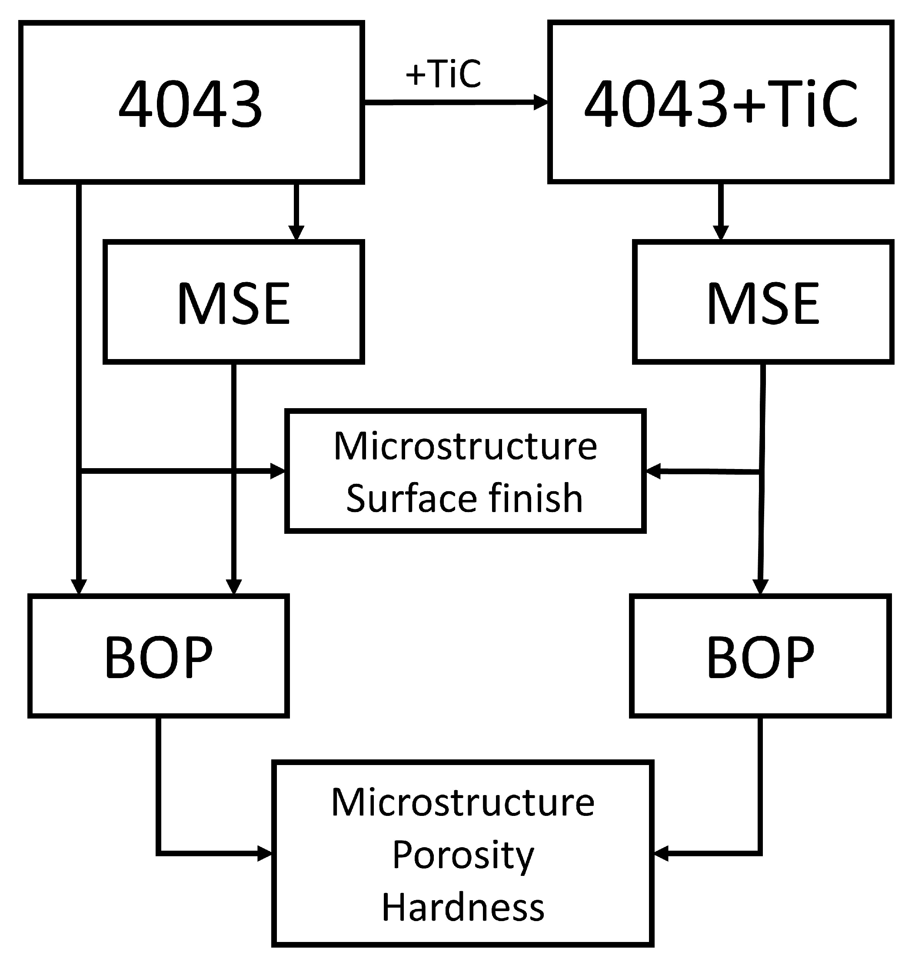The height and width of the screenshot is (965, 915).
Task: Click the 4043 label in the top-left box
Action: (191, 104)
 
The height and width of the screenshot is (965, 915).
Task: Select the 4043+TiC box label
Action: (721, 104)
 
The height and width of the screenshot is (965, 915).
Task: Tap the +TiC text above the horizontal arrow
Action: (443, 74)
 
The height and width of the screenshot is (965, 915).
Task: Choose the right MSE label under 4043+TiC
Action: (763, 303)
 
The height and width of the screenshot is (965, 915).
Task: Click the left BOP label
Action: (159, 657)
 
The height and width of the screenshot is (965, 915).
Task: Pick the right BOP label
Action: (760, 657)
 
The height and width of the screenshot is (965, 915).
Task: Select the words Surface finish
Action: (464, 498)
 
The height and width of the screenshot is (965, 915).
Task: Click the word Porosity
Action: (463, 855)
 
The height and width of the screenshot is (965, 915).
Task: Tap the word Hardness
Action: (463, 908)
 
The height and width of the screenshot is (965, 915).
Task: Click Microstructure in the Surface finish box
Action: (465, 446)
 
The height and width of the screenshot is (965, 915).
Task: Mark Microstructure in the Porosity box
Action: (463, 802)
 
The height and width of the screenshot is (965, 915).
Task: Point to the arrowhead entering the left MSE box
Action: (296, 233)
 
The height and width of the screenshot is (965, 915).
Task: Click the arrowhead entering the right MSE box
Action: (721, 233)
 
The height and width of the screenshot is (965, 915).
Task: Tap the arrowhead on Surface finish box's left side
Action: (278, 471)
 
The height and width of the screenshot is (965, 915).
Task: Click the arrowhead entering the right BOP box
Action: (760, 586)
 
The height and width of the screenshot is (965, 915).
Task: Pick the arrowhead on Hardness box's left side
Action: (265, 853)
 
